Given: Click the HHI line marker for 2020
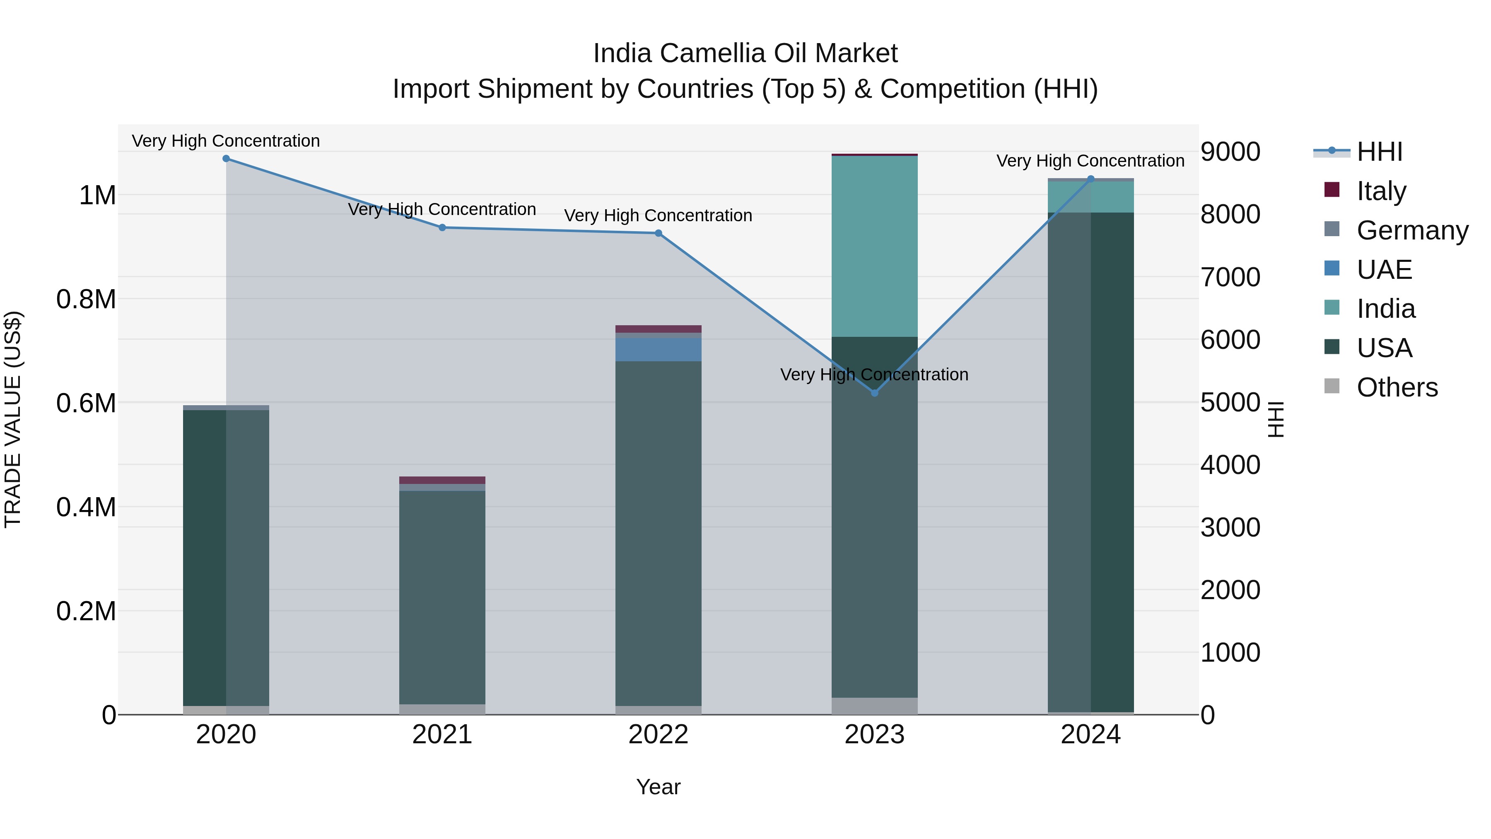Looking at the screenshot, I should point(226,159).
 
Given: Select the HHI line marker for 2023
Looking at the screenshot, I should point(875,393).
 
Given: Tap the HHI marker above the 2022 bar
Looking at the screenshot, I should point(658,233).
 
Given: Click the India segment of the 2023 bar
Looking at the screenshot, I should point(875,246).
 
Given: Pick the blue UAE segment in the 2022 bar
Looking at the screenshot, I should point(658,350).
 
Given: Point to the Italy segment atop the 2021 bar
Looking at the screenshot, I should point(442,480).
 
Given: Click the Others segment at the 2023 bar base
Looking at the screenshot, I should point(875,706).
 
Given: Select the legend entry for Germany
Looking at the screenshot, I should point(1412,230).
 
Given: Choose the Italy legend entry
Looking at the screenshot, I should point(1381,191).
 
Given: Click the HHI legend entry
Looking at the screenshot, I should point(1379,152).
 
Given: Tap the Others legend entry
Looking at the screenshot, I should point(1397,387).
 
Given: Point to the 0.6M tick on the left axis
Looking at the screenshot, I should point(86,403).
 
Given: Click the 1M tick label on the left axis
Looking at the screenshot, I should point(97,195).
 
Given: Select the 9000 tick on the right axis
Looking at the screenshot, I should point(1230,152).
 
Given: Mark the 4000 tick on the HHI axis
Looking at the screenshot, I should point(1230,465).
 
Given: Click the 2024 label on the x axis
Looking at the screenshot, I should point(1091,735).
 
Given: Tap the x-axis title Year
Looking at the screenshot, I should point(658,787).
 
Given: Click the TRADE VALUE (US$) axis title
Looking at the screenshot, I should point(13,419).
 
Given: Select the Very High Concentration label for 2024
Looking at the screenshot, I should point(1091,161).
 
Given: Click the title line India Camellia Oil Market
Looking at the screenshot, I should point(745,53).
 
